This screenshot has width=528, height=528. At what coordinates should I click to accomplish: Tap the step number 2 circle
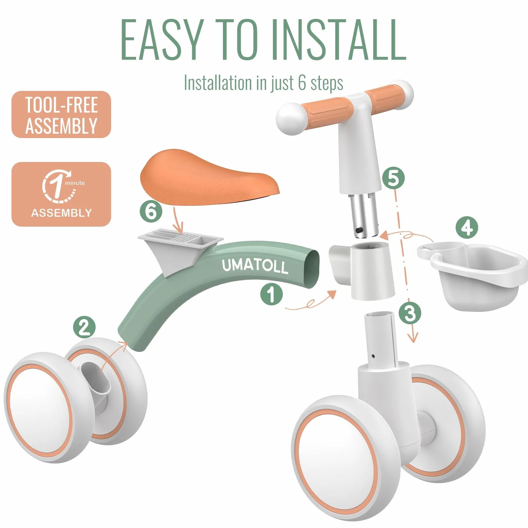(84, 327)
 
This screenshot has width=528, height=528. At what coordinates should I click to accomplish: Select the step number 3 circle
(410, 313)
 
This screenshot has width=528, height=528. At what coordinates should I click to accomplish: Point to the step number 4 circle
(467, 228)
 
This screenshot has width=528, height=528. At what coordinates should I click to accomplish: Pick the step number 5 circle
(393, 178)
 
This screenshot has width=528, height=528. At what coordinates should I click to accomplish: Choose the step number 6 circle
(151, 211)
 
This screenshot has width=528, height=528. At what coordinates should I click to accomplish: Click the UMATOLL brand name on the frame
(255, 266)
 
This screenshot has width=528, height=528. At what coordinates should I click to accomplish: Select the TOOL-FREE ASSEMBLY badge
(61, 114)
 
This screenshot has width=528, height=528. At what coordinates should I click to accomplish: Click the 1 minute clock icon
(58, 186)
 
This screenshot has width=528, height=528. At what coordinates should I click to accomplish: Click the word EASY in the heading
(163, 40)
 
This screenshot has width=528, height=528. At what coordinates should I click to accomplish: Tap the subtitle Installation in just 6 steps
(263, 83)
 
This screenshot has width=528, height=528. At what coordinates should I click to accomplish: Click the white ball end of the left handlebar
(291, 119)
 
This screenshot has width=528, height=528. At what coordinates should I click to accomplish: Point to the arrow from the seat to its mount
(177, 220)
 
